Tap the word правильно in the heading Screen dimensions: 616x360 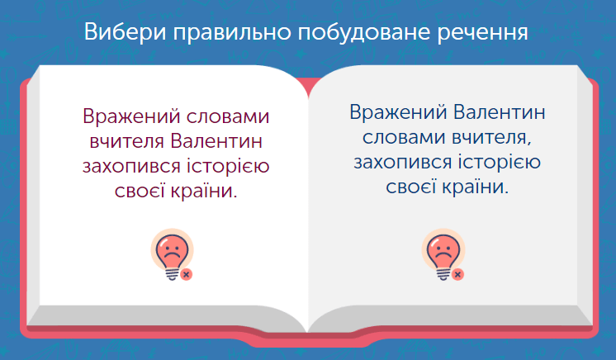pyautogui.click(x=232, y=32)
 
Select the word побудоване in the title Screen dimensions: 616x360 pyautogui.click(x=363, y=32)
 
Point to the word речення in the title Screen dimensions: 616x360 pyautogui.click(x=482, y=32)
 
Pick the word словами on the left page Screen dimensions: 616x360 pyautogui.click(x=228, y=117)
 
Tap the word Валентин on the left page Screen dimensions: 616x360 pyautogui.click(x=216, y=141)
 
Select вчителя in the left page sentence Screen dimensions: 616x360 pyautogui.click(x=126, y=142)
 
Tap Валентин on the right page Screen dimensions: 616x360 pyautogui.click(x=500, y=112)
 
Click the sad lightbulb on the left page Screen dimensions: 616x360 pyautogui.click(x=172, y=253)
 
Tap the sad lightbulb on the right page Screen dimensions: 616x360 pyautogui.click(x=443, y=253)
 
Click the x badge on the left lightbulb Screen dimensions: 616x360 pyautogui.click(x=187, y=274)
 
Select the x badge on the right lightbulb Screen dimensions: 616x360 pyautogui.click(x=457, y=274)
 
